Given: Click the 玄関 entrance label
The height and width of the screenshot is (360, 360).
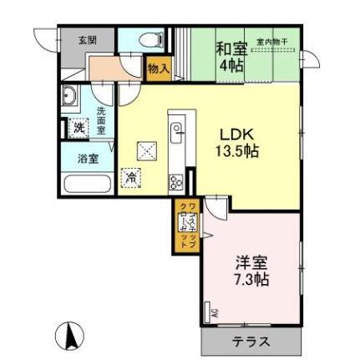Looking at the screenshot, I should click(x=87, y=39).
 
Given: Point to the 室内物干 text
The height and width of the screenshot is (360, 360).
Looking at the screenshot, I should click(x=272, y=41).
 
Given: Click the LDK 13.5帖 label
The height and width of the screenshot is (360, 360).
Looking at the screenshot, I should click(x=238, y=142).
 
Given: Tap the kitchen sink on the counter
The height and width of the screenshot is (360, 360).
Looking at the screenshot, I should click(x=177, y=131).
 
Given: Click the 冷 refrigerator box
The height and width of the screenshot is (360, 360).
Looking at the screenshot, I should click(x=131, y=177).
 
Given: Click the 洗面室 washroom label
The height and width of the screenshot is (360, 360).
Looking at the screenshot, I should click(x=100, y=120).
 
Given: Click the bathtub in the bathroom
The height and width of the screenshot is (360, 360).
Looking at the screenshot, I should click(x=86, y=183).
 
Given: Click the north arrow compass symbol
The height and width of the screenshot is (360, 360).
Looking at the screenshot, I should click(x=69, y=337).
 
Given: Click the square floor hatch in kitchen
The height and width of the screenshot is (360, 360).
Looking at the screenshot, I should click(x=147, y=150).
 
